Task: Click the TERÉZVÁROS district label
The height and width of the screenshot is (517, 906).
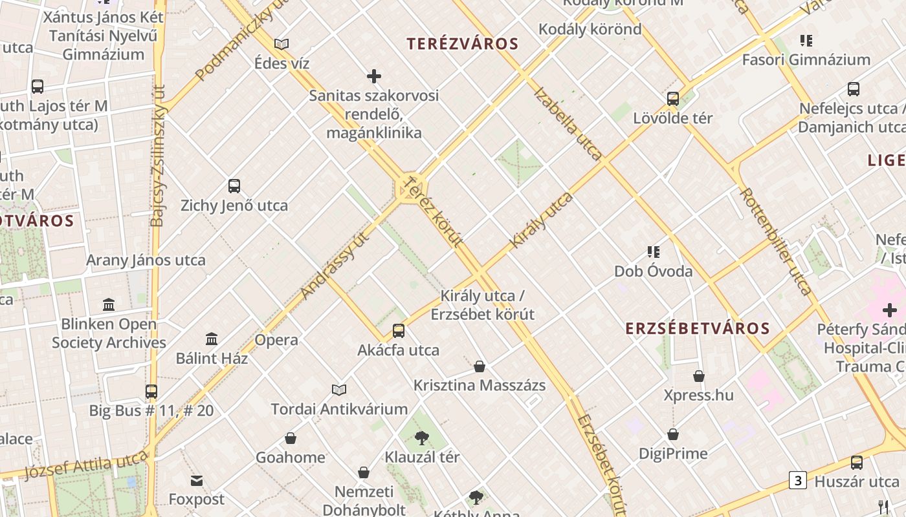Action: (462, 44)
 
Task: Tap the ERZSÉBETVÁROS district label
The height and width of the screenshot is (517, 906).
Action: (698, 328)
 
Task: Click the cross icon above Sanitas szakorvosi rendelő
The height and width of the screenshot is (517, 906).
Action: (374, 76)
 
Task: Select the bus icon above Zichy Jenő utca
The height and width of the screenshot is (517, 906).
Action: (234, 186)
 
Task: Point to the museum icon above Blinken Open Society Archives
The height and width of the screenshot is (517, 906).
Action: (109, 304)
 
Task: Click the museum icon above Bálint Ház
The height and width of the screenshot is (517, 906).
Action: (212, 339)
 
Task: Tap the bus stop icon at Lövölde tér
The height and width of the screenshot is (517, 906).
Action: (673, 99)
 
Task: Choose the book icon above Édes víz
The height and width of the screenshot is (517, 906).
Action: (282, 44)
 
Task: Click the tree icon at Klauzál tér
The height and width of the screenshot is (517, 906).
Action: (422, 438)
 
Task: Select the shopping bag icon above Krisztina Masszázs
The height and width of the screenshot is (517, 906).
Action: (480, 366)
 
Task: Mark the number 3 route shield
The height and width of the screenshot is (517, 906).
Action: (798, 480)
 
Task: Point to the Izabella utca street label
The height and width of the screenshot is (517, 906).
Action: (568, 123)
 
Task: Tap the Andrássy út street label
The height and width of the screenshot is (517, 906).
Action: (335, 266)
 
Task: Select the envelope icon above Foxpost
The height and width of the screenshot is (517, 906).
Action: (197, 480)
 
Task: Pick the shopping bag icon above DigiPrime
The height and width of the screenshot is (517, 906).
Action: (673, 434)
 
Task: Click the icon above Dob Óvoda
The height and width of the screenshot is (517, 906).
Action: (653, 251)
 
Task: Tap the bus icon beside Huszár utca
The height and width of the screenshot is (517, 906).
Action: (857, 462)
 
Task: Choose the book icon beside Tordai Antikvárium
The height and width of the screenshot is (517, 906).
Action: (339, 390)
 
